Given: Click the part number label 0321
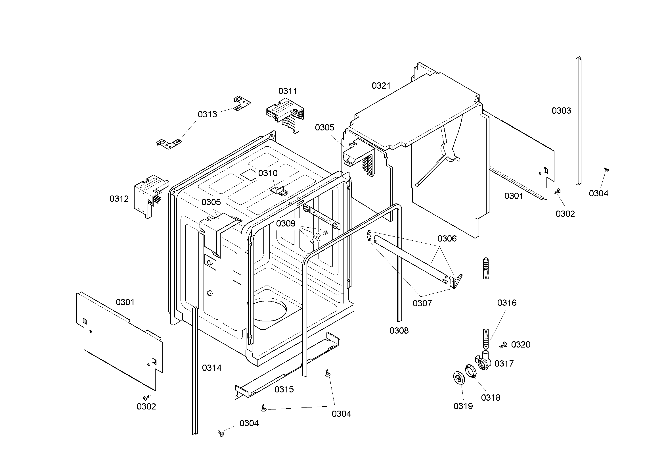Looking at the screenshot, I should coord(381,86).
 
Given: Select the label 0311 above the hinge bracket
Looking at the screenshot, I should coord(288,91).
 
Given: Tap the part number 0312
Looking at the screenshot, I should coord(119,199).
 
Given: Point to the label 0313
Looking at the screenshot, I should coord(207,114).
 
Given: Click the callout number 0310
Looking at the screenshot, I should coord(267,173).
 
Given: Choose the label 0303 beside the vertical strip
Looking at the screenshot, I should coord(561,111).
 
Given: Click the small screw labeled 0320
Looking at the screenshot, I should coord(504,345).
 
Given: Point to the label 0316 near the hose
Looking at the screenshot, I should coord(507,303).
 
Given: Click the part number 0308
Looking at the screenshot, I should coord(399,330).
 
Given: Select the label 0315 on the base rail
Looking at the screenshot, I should coord(284,389).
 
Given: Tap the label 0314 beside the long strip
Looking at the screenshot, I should coord(211,368).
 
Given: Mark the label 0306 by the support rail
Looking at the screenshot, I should coord(447,238).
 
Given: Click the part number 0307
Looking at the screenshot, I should coord(422,303).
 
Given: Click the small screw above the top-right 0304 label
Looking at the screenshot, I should coord(606,170).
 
